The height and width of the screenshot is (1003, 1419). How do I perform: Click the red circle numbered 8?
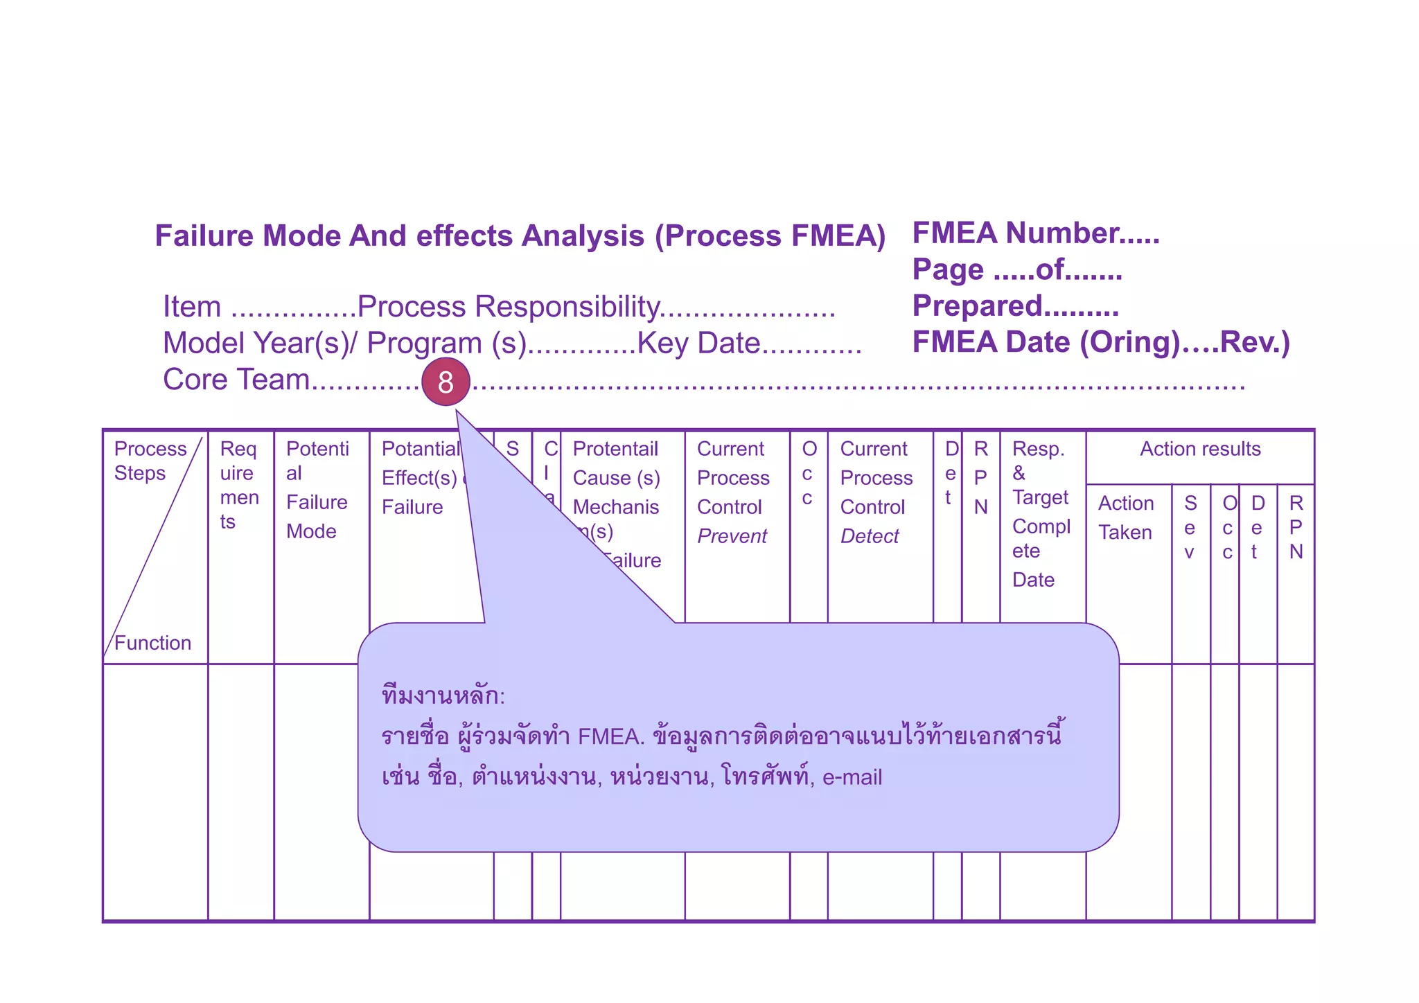click(446, 382)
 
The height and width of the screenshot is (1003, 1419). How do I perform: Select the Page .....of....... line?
click(1016, 269)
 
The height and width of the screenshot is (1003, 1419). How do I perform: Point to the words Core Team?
click(236, 380)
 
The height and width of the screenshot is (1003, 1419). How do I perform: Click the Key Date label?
click(698, 343)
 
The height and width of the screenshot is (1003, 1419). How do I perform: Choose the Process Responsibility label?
click(508, 306)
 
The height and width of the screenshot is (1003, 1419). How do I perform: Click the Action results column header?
click(1200, 449)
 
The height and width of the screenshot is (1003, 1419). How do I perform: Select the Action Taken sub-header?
click(1126, 517)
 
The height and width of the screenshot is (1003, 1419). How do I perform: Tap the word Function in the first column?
click(152, 643)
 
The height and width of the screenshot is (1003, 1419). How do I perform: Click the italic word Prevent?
click(732, 536)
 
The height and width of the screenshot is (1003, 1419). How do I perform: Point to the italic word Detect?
click(870, 536)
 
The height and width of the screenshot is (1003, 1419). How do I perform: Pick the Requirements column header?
click(239, 485)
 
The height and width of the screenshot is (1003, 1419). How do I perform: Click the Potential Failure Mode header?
click(317, 490)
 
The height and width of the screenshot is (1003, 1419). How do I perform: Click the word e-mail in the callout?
click(852, 777)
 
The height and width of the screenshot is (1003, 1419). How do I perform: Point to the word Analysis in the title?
click(583, 236)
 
